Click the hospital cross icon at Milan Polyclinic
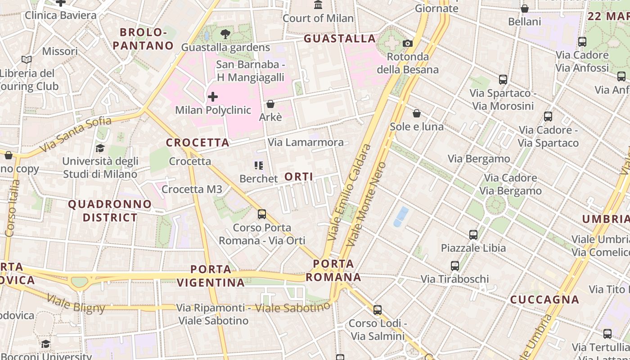pos(213,96)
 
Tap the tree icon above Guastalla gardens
pos(225,34)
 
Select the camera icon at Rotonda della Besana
pos(408,43)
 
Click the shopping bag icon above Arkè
pos(270,104)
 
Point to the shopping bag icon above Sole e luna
pos(417,113)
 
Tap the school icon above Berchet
pos(258,166)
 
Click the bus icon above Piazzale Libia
pos(473,234)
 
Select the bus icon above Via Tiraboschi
pos(455,266)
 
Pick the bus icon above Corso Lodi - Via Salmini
pos(378,310)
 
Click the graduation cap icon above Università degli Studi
pos(100,148)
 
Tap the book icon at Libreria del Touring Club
pos(27,59)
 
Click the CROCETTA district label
pos(198,143)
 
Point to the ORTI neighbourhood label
pos(299,177)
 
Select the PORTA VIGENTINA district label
pos(211,276)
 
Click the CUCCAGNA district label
pos(544,299)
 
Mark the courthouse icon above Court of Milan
pos(319,5)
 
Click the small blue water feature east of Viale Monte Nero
pos(401,216)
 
